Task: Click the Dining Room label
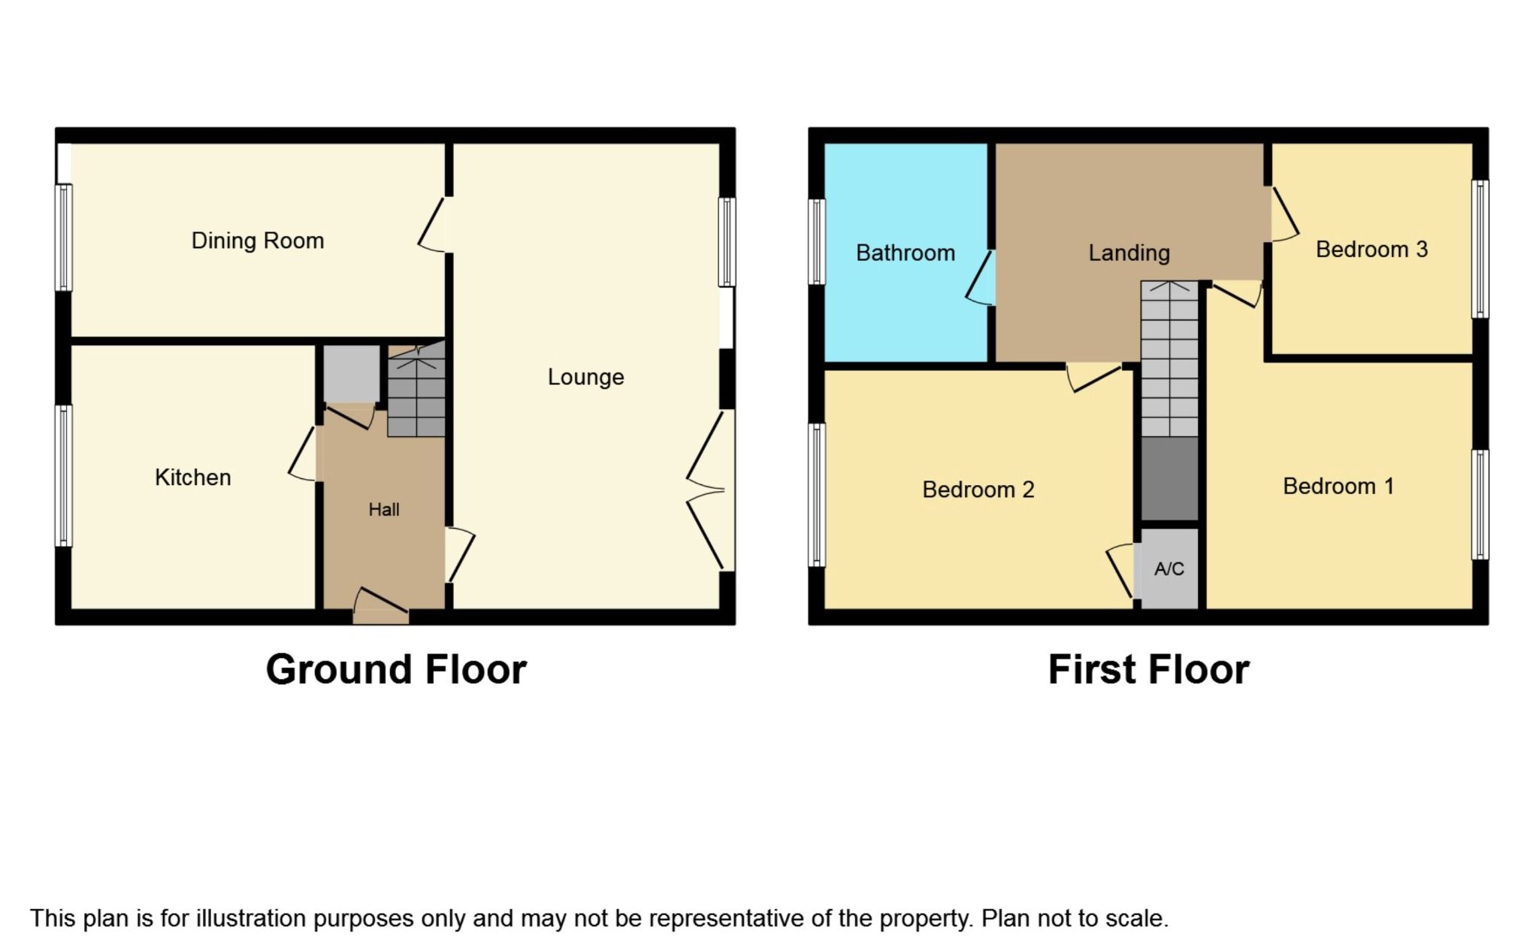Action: pos(258,241)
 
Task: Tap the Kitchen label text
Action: pos(192,478)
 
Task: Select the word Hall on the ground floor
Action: pos(383,510)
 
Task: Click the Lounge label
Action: pos(585,377)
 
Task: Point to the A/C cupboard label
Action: pos(1169,569)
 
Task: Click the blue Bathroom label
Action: pos(905,253)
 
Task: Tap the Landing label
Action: pos(1129,253)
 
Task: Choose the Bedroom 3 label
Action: pos(1371,250)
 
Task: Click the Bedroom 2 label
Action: pos(978,490)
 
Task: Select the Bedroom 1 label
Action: pos(1338,487)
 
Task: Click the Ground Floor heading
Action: pos(396,669)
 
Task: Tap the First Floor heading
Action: pos(1148,669)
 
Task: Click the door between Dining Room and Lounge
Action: pos(434,225)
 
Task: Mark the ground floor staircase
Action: pos(416,391)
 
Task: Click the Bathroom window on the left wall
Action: pos(817,241)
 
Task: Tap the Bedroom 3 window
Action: pos(1480,249)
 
